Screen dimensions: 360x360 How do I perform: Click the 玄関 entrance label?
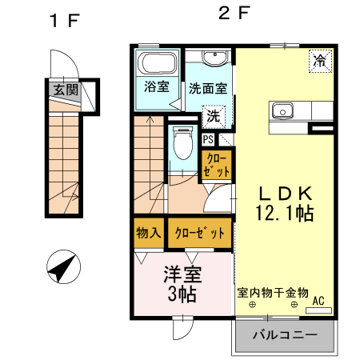(66, 90)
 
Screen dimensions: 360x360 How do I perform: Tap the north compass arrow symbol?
(63, 266)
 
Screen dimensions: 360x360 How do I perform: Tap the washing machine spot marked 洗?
(214, 117)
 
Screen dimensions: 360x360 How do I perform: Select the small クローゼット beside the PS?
(217, 165)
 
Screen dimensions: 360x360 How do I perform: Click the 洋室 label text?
(182, 272)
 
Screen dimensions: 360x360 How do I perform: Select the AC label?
(318, 302)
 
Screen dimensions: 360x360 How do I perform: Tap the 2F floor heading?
(231, 15)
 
